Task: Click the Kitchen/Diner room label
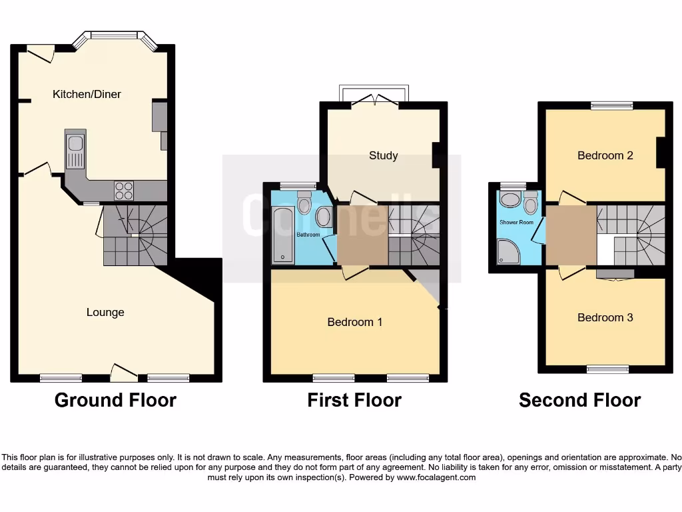click(x=87, y=94)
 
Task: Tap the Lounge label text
click(x=105, y=312)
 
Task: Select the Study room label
click(x=383, y=155)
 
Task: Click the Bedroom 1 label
click(x=354, y=322)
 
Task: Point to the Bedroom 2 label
click(x=605, y=155)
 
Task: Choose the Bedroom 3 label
click(x=605, y=317)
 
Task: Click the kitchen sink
click(x=75, y=151)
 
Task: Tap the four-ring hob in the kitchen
click(x=123, y=191)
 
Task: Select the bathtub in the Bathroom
click(x=282, y=235)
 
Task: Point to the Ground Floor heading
click(x=115, y=400)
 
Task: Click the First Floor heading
click(x=354, y=400)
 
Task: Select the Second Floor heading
click(x=579, y=400)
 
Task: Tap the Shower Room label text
click(x=516, y=222)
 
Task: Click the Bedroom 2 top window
click(x=611, y=105)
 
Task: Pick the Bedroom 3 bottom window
click(x=607, y=369)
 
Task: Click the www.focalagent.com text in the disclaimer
click(x=436, y=477)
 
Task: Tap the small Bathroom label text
click(x=308, y=235)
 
